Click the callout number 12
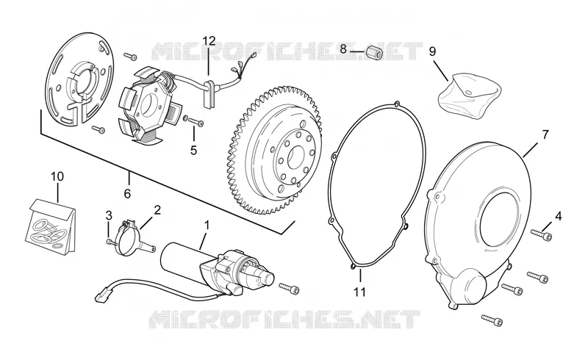[x=209, y=40]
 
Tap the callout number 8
[x=343, y=48]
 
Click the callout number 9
[x=432, y=51]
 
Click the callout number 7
[x=545, y=134]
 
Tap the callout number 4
[x=559, y=216]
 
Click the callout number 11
[x=359, y=292]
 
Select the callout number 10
[x=57, y=176]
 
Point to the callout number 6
[x=127, y=194]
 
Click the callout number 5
[x=193, y=150]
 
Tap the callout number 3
[x=109, y=215]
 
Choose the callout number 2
[x=157, y=209]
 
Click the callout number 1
[x=207, y=225]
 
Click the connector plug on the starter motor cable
[x=102, y=295]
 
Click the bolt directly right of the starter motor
[x=290, y=288]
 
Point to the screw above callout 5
[x=193, y=120]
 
